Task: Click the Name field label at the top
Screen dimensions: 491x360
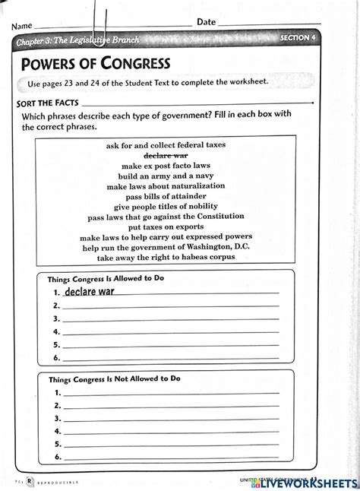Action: (24, 24)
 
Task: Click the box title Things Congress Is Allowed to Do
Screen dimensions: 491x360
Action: (106, 278)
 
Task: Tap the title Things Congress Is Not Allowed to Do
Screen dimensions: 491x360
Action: (115, 378)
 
